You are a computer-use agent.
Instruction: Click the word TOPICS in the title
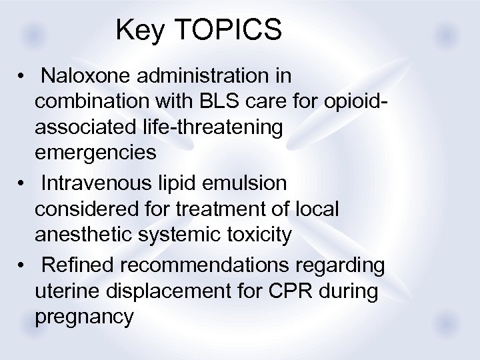[x=227, y=30]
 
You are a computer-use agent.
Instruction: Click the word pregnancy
[x=84, y=317]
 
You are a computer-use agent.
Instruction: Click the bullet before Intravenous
[x=23, y=183]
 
